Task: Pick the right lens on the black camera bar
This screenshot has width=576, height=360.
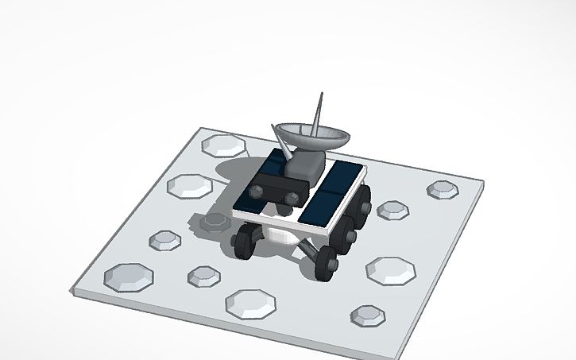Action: pos(292,196)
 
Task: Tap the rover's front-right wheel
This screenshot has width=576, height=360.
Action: pos(325,262)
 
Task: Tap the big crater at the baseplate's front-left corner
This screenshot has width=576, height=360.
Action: pos(128,276)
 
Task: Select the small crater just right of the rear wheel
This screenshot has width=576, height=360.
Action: pos(392,210)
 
